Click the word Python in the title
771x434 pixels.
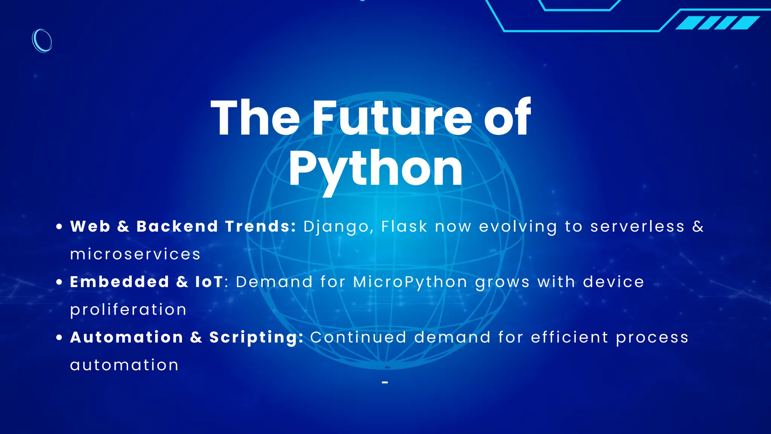pyautogui.click(x=376, y=169)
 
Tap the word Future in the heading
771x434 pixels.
pyautogui.click(x=392, y=118)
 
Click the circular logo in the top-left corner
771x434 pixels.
pyautogui.click(x=42, y=41)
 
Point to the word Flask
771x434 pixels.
pyautogui.click(x=404, y=227)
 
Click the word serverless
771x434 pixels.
pyautogui.click(x=637, y=227)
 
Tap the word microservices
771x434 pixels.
pyautogui.click(x=135, y=254)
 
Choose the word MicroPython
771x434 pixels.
pyautogui.click(x=410, y=282)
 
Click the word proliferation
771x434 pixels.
pyautogui.click(x=128, y=310)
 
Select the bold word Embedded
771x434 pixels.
pyautogui.click(x=120, y=282)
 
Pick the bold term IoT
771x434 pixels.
pyautogui.click(x=209, y=282)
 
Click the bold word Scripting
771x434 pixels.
pyautogui.click(x=256, y=338)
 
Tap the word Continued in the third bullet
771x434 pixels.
pyautogui.click(x=358, y=338)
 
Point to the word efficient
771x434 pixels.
pyautogui.click(x=570, y=338)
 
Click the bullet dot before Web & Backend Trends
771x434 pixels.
pyautogui.click(x=59, y=227)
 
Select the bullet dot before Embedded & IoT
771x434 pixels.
pyautogui.click(x=59, y=282)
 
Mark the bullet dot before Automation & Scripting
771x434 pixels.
pyautogui.click(x=59, y=338)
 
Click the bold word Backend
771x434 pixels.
pyautogui.click(x=177, y=227)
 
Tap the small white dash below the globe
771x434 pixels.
pyautogui.click(x=385, y=383)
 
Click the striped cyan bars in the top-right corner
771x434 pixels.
pyautogui.click(x=718, y=23)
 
